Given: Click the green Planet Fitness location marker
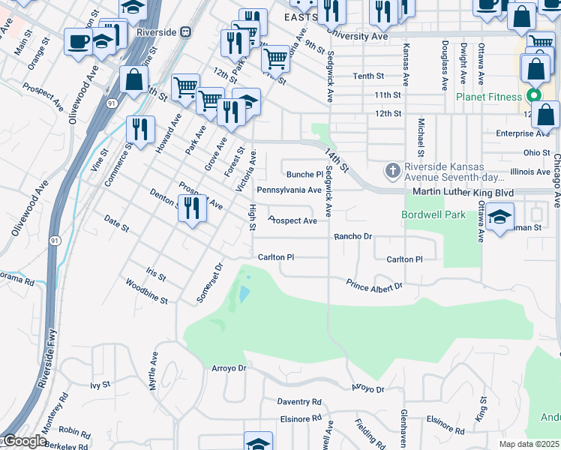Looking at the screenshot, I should pos(533,96).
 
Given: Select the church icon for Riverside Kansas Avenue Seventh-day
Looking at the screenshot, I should pos(391,172).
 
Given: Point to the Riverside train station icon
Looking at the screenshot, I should pos(185,32).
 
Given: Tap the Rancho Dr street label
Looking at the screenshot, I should pos(352,236).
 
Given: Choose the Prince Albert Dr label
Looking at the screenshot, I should pos(374,285).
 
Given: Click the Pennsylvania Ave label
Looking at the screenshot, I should pos(289,190).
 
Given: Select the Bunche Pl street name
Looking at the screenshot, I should pos(304,174).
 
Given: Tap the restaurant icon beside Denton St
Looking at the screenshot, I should pos(193,208).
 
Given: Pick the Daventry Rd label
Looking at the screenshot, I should pos(298,402).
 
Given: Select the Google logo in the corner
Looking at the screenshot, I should pos(23,442).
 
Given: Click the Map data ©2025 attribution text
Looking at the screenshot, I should pos(529,444).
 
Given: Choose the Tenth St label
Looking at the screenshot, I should pos(368,76).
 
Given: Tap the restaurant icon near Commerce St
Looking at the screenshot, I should pos(139,128).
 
